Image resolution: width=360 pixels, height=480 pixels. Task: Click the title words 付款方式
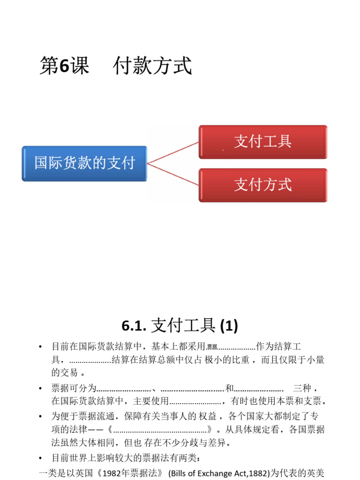153,67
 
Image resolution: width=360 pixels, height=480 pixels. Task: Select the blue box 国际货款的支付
84,163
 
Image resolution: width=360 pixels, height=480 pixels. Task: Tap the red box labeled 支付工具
263,142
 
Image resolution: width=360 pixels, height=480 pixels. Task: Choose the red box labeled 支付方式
263,185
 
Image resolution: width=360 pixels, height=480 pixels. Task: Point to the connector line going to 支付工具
173,152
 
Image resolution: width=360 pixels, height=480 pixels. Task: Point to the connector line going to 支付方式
173,174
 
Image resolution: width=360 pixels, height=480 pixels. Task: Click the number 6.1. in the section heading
135,325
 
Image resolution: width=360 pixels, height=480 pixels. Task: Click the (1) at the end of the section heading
227,325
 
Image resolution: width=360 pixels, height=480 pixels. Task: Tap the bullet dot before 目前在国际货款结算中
41,347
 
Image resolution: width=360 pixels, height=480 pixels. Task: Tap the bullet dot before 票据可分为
41,389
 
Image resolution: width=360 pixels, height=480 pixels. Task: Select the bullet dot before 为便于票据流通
41,416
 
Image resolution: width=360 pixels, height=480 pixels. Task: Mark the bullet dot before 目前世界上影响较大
41,457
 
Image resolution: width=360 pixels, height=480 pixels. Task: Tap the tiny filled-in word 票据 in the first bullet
212,347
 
